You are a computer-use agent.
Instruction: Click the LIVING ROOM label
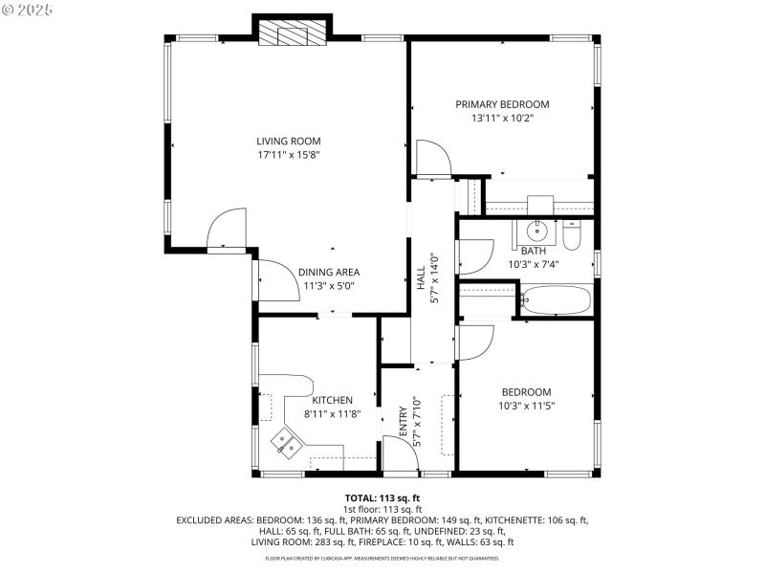[288, 142]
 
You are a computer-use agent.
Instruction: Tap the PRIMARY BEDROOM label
[502, 104]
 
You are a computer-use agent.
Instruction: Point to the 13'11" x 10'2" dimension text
[502, 119]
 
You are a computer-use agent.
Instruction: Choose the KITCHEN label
[332, 400]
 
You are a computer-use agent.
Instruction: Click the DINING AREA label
[328, 272]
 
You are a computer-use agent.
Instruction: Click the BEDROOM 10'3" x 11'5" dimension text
[526, 406]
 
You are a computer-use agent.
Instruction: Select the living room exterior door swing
[228, 230]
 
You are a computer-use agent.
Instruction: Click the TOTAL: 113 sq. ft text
[382, 498]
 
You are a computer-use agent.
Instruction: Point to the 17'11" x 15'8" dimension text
[288, 155]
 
